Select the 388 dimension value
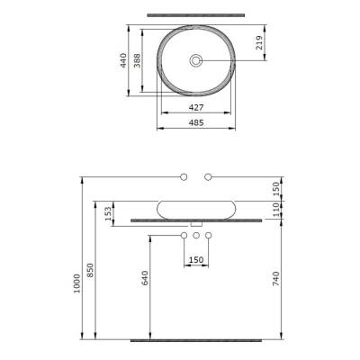[138, 60]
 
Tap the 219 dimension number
[260, 42]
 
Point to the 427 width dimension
[194, 106]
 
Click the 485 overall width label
[194, 121]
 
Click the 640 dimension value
[145, 280]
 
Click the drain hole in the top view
[195, 60]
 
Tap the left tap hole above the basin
[183, 175]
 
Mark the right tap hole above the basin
[208, 175]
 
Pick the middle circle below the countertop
[195, 237]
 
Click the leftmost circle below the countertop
[183, 237]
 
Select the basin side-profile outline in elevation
[195, 208]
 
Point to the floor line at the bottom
[195, 342]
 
